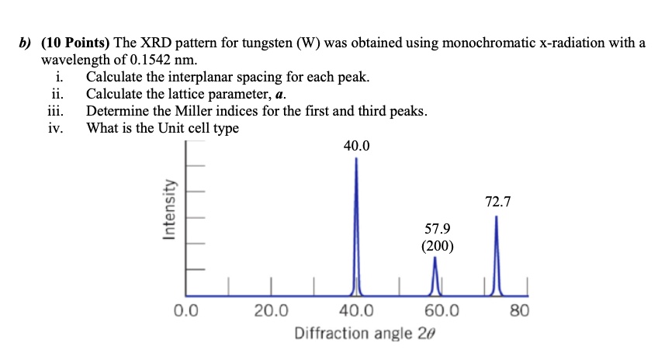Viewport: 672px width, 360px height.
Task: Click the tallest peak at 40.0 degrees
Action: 356,225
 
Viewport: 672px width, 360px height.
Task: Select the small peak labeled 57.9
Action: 435,275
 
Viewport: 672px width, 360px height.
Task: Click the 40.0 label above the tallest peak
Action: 356,145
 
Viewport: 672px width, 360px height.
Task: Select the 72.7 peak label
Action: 497,202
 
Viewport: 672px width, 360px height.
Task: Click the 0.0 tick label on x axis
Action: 186,313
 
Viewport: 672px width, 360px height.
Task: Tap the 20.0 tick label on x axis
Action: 271,313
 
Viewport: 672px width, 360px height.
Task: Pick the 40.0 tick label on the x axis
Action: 356,313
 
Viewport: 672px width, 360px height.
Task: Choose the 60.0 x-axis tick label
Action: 442,313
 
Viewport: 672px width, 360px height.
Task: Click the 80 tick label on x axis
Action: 520,313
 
